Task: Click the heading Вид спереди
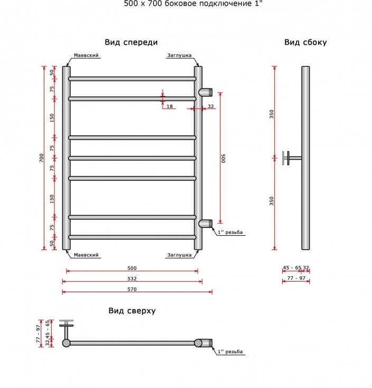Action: (131, 42)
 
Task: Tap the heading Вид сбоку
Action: (306, 42)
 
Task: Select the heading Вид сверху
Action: (132, 311)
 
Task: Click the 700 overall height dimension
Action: (41, 158)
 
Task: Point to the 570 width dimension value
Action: (132, 289)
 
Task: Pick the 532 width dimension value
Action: (132, 278)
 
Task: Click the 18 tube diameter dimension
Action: (169, 106)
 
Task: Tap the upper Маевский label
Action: (86, 55)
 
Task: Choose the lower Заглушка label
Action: (179, 255)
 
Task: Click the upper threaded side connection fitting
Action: (205, 92)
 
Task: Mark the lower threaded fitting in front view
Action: (205, 224)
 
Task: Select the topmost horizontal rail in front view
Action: (132, 78)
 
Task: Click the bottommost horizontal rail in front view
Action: (132, 237)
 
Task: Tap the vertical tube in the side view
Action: (306, 158)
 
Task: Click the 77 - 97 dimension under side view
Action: (296, 278)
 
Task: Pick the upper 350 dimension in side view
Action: (272, 114)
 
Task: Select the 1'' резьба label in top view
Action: (230, 352)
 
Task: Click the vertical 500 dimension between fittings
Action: (223, 158)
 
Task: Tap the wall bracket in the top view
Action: (66, 329)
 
